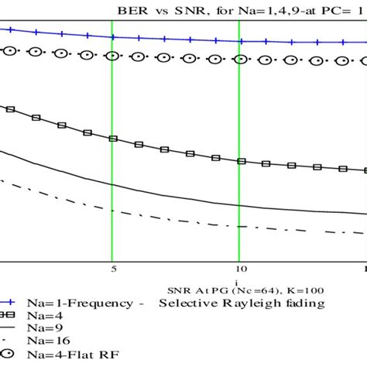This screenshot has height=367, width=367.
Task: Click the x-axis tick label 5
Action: (x=113, y=270)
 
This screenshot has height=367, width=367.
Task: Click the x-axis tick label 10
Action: (x=239, y=270)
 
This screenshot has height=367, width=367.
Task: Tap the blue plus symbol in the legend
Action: (x=10, y=303)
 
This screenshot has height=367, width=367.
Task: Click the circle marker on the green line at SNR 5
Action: (x=113, y=56)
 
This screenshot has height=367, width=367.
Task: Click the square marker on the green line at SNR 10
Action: (x=240, y=161)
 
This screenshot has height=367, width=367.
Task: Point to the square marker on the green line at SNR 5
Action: (x=113, y=140)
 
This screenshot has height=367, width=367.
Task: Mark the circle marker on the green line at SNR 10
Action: (x=239, y=58)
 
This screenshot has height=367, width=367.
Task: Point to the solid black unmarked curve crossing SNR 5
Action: (x=113, y=187)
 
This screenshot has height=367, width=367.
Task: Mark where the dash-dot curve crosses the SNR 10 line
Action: (x=239, y=226)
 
